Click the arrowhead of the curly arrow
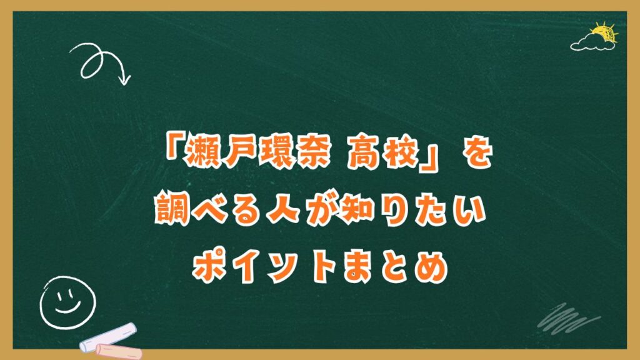click(x=125, y=79)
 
